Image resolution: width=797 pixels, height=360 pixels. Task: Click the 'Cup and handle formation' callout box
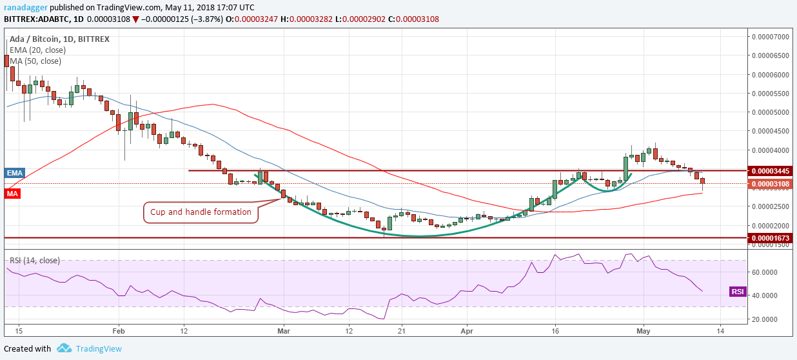[x=201, y=212]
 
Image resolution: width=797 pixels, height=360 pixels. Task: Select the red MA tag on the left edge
[x=11, y=193]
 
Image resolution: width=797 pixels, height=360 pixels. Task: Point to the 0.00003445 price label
[x=769, y=171]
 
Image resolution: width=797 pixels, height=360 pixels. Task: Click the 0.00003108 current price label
[x=769, y=184]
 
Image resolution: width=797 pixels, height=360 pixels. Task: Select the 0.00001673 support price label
[x=769, y=238]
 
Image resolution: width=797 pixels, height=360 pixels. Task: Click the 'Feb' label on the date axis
[x=119, y=330]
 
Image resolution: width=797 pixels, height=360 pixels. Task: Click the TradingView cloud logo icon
[x=63, y=348]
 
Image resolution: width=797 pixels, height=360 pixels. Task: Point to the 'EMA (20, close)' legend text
[x=37, y=50]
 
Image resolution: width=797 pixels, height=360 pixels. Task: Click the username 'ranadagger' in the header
[x=25, y=6]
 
